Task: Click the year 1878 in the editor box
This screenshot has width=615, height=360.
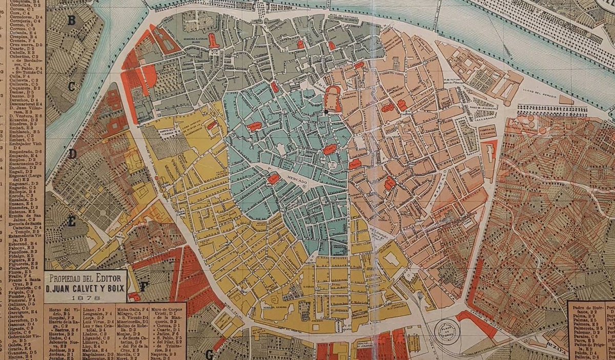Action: [85, 297]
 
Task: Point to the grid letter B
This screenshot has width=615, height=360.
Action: [72, 20]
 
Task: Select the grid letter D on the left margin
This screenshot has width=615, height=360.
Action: [73, 154]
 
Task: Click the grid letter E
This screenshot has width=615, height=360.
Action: [72, 222]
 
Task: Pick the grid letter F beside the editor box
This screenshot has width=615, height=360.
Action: [144, 287]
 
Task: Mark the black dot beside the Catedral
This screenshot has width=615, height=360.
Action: [325, 111]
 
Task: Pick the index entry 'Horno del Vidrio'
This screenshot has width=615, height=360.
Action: [61, 311]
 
